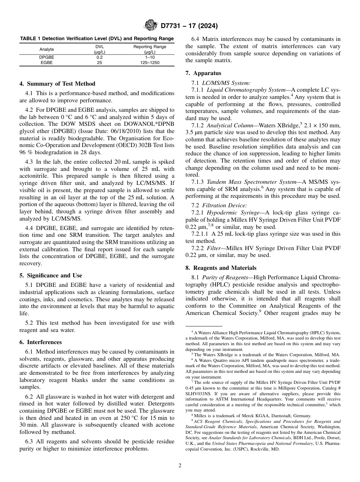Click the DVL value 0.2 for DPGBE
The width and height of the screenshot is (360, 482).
100,57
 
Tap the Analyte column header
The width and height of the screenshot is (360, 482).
47,49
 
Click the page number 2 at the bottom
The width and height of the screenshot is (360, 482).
180,466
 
